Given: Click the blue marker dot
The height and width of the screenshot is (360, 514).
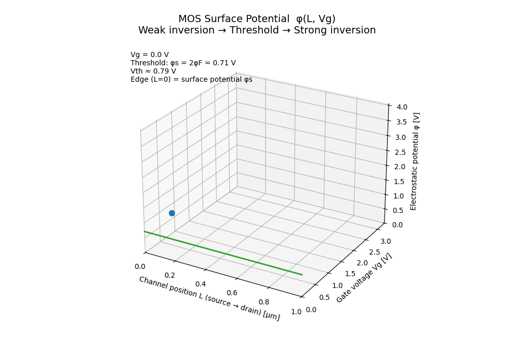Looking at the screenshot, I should click(x=172, y=213).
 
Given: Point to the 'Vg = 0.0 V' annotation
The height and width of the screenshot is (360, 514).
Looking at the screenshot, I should click(x=150, y=55).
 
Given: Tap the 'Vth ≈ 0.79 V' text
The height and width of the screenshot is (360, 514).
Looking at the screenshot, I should click(x=153, y=71).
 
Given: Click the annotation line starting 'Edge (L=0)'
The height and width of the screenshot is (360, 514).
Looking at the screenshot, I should click(x=191, y=79).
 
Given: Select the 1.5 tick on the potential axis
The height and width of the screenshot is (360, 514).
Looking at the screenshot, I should click(x=399, y=182).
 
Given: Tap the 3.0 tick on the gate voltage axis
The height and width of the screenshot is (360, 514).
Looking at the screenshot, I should click(x=385, y=241).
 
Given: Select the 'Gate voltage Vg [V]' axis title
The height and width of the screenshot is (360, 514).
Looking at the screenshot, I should click(x=364, y=278).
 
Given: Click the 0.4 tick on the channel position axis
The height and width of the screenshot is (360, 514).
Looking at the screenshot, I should click(x=200, y=284).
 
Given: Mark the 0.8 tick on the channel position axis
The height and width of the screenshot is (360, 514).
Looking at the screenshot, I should click(x=264, y=302).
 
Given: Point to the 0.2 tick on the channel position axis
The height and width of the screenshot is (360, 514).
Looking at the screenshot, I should click(x=170, y=275).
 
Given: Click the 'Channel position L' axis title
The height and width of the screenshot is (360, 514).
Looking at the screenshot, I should click(x=209, y=298).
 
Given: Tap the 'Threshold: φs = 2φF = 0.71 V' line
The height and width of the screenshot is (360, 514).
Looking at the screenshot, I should click(x=183, y=63).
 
